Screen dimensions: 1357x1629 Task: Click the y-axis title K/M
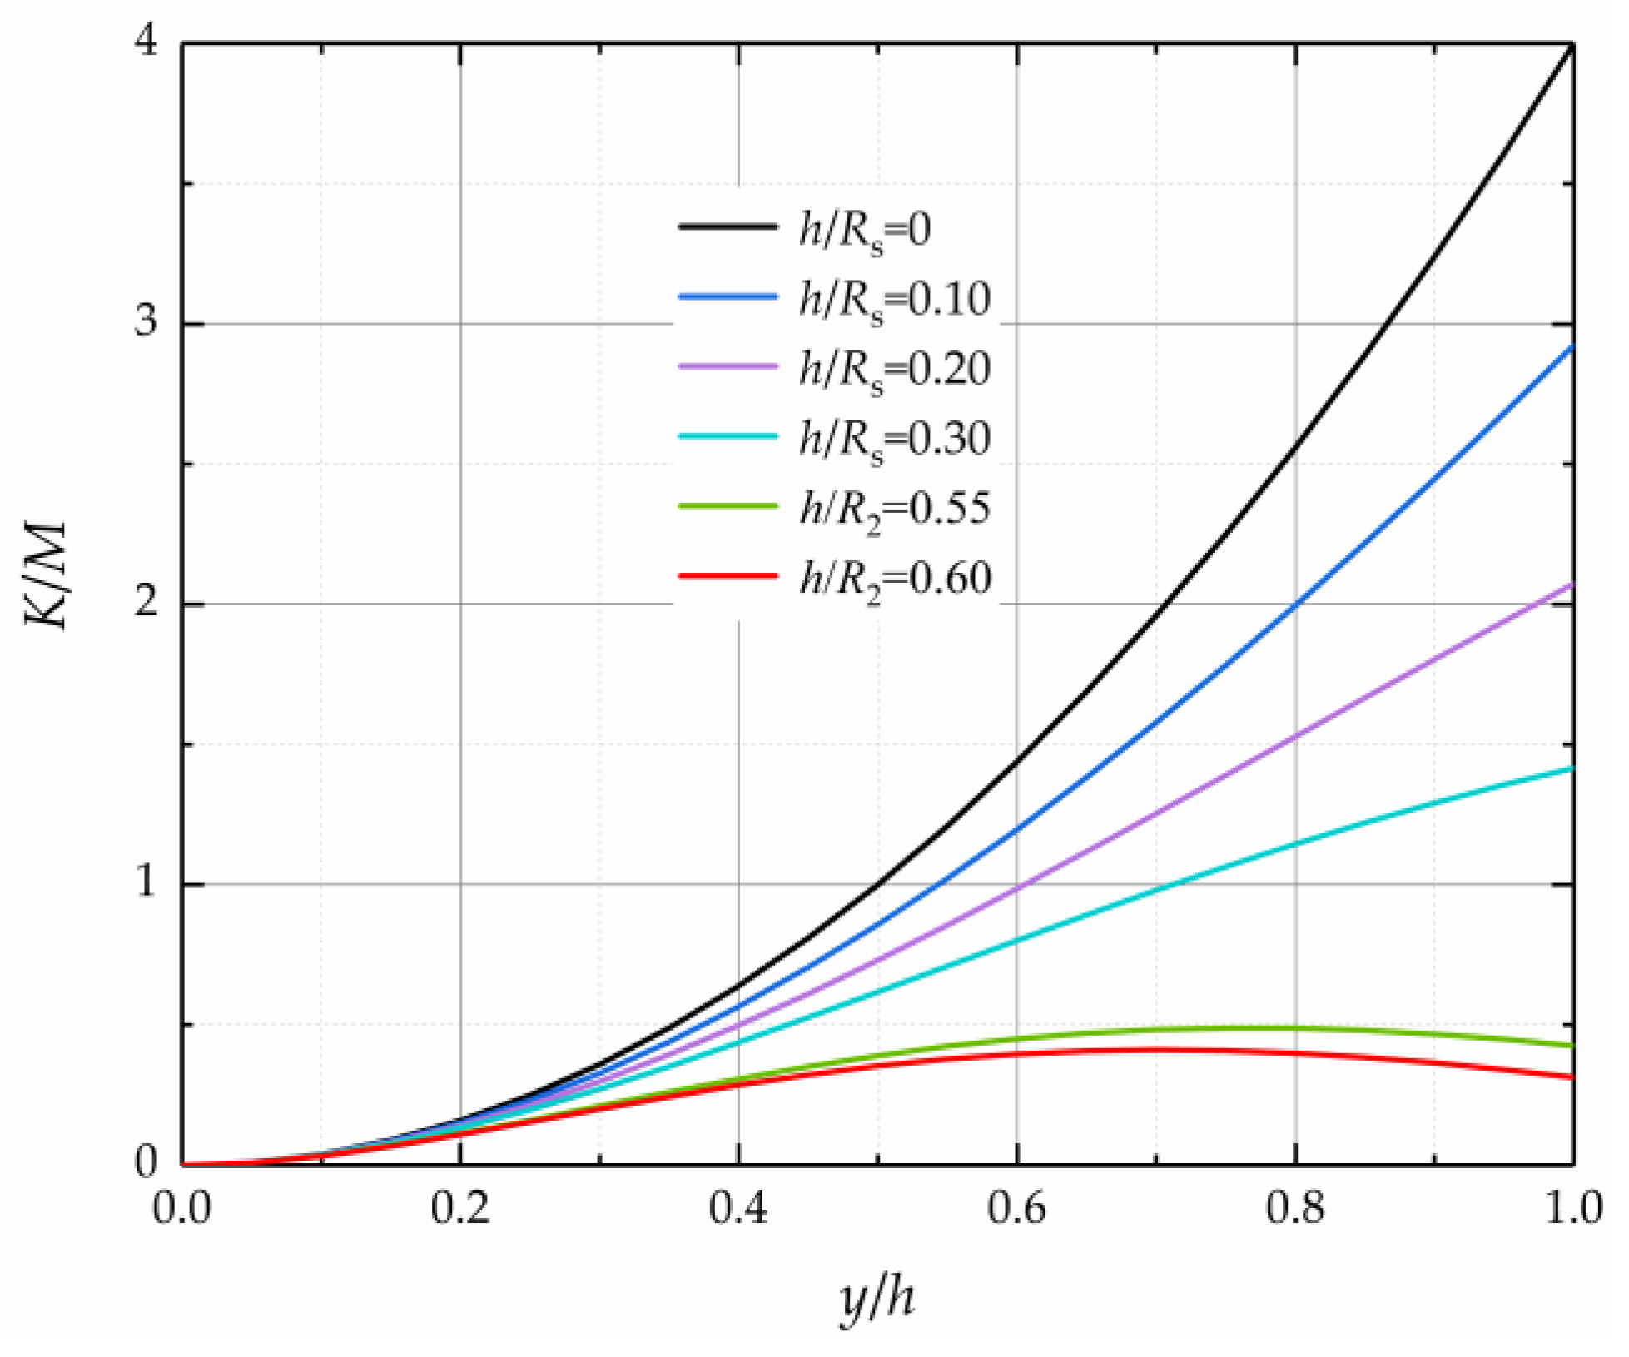point(46,576)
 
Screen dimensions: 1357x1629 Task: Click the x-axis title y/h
point(877,1299)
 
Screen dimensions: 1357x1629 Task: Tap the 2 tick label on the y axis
point(147,602)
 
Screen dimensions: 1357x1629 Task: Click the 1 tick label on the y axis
point(147,882)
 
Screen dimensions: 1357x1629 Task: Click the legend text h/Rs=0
point(865,229)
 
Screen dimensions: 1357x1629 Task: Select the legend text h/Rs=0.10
point(895,299)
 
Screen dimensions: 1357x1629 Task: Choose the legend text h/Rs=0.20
point(895,369)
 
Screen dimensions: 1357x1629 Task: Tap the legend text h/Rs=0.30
point(895,439)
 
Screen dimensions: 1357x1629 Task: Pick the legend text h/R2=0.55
point(895,509)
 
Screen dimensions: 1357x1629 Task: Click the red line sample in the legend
point(728,576)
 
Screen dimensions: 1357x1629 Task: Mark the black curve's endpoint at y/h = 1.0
point(1572,47)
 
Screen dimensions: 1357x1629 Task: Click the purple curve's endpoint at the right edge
point(1572,585)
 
